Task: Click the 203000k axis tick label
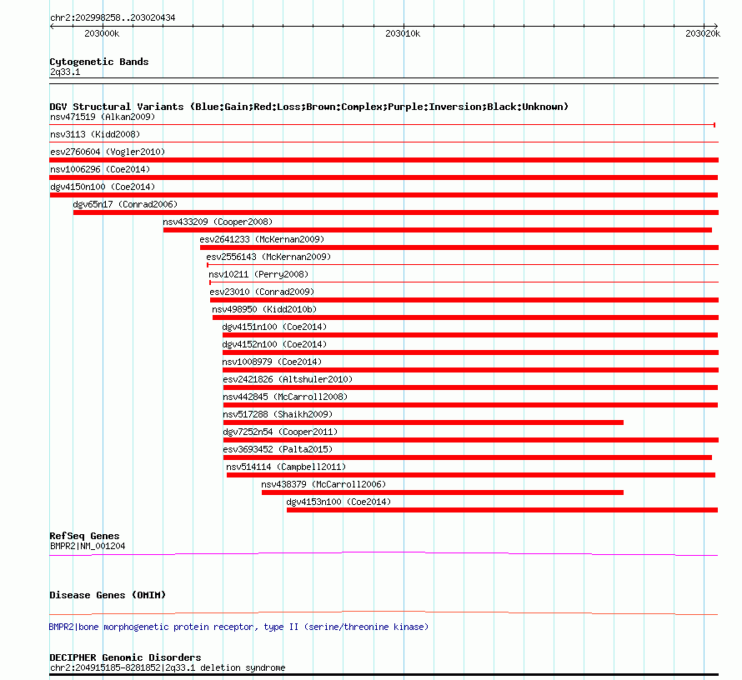pos(102,33)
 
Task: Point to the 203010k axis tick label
pos(403,33)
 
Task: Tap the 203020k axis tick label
pos(703,33)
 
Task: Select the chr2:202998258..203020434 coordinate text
pos(113,18)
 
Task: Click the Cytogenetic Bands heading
pos(99,62)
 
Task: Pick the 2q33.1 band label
pos(65,72)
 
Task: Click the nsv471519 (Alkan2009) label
pos(103,117)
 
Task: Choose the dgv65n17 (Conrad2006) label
pos(125,204)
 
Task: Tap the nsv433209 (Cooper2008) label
pos(218,222)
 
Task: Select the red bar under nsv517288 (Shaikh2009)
pos(423,422)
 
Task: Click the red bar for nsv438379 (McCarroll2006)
pos(443,492)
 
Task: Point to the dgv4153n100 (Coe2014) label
pos(338,502)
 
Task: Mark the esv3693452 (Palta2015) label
pos(278,449)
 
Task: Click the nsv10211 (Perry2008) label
pos(258,274)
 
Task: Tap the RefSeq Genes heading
pos(85,536)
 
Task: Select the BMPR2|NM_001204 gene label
pos(88,546)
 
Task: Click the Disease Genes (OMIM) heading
pos(108,595)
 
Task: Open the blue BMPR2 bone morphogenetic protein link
pos(238,627)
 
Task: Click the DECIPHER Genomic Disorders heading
pos(125,657)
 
